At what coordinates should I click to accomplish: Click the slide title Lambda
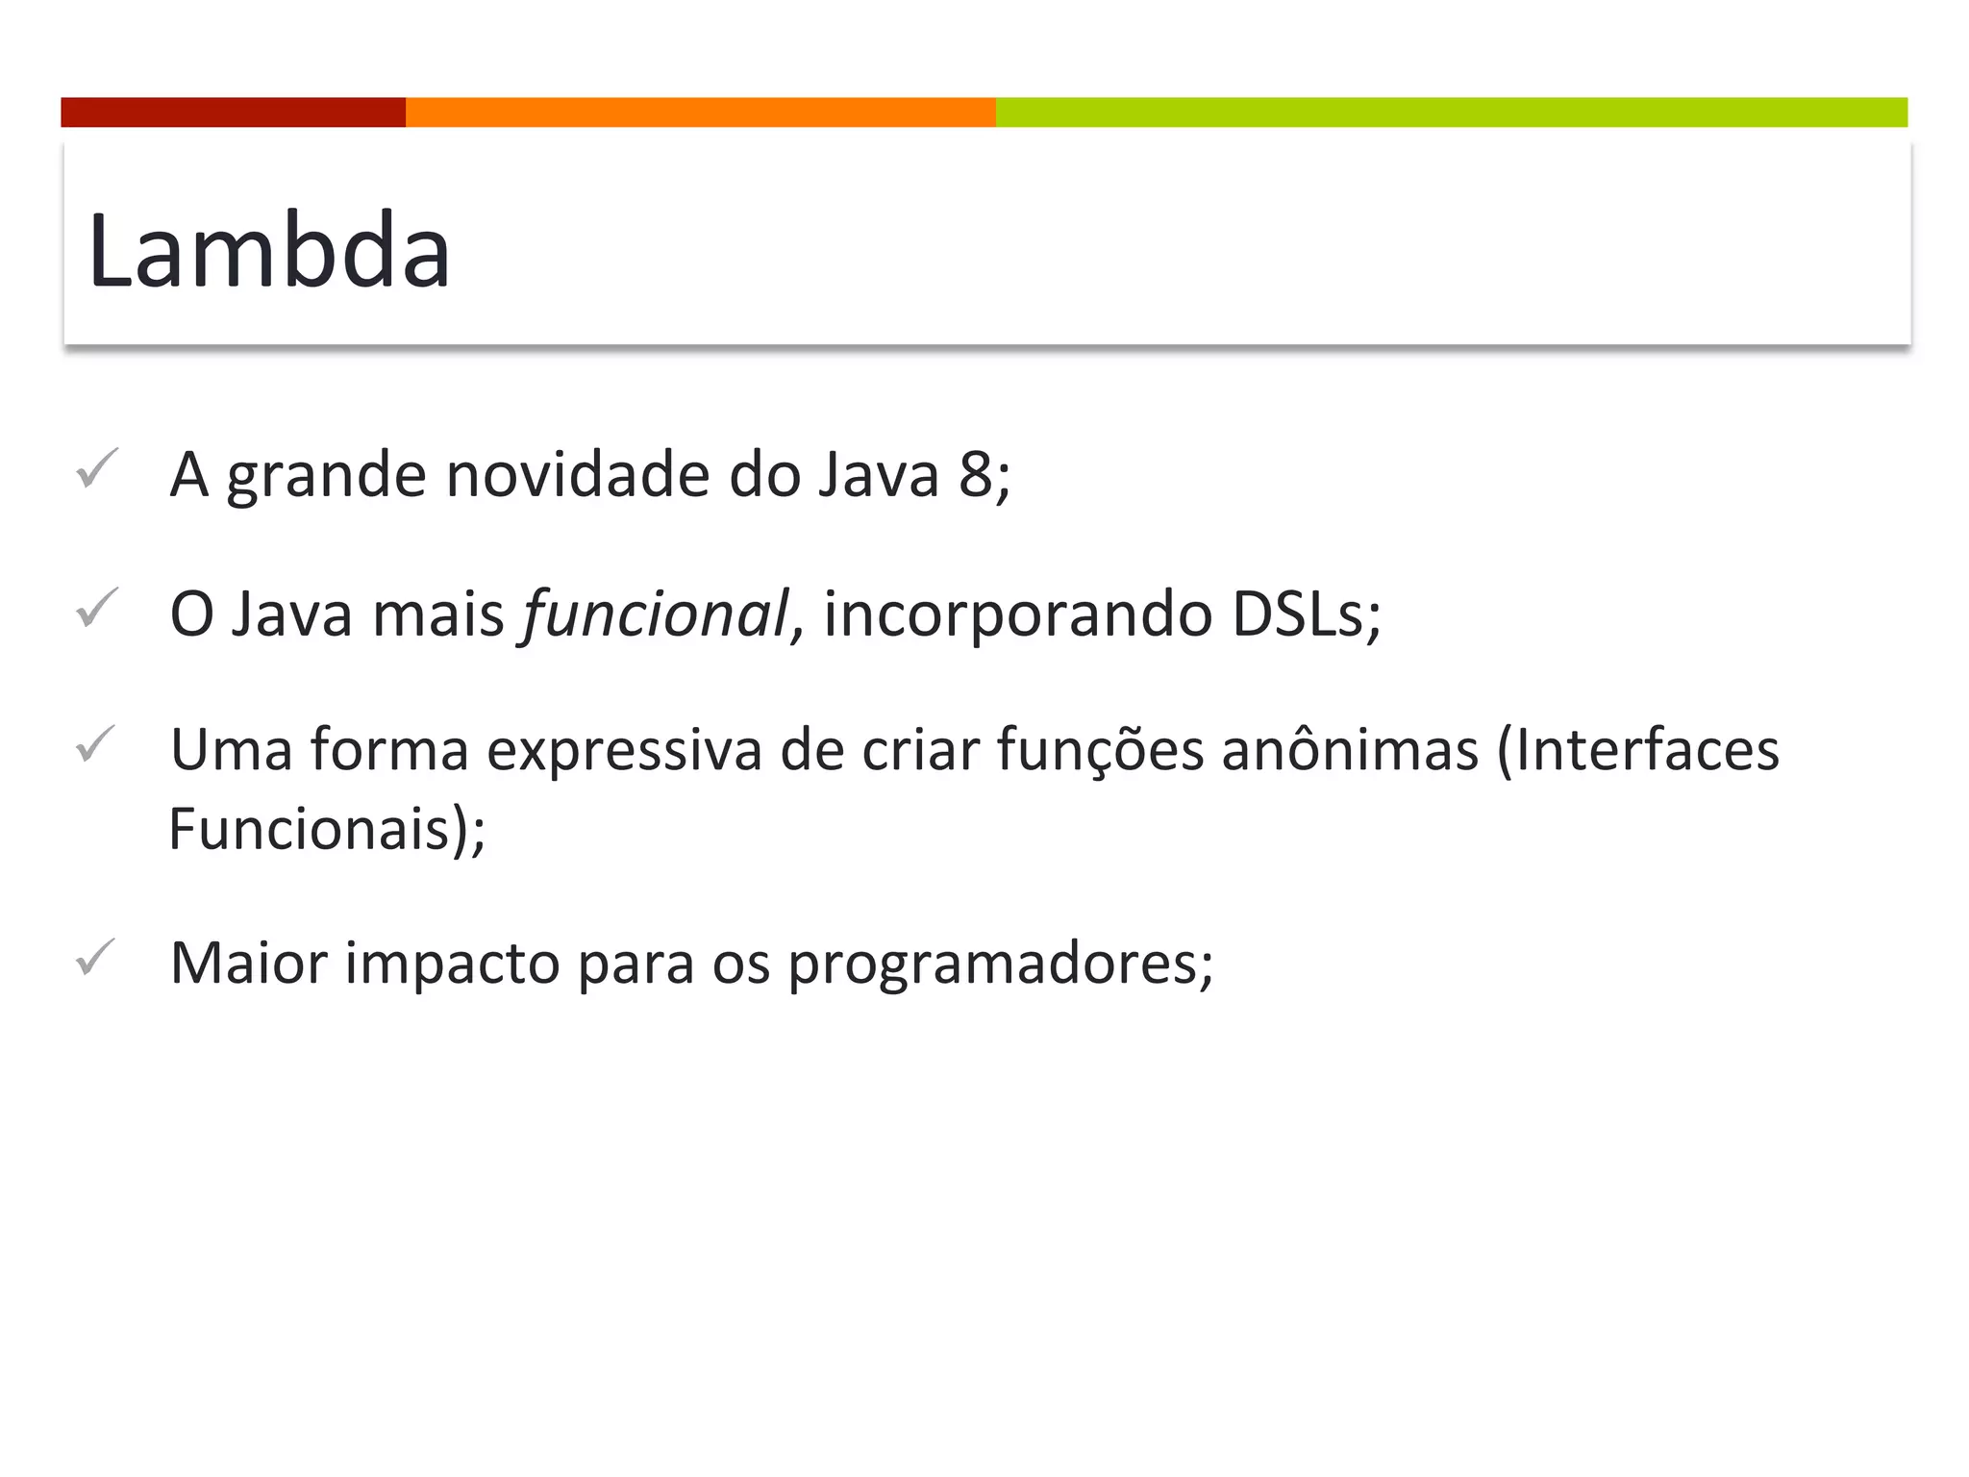pyautogui.click(x=269, y=250)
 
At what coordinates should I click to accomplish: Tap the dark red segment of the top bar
pyautogui.click(x=233, y=112)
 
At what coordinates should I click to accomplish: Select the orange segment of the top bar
pyautogui.click(x=700, y=112)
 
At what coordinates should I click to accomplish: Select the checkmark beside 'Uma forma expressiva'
pyautogui.click(x=96, y=744)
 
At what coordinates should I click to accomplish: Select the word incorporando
pyautogui.click(x=1017, y=615)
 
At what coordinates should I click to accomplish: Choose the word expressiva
pyautogui.click(x=624, y=750)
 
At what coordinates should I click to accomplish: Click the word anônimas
pyautogui.click(x=1350, y=750)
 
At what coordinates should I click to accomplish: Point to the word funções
pyautogui.click(x=1100, y=750)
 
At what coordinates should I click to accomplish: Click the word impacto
pyautogui.click(x=452, y=964)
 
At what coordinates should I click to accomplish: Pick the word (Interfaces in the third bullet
pyautogui.click(x=1638, y=750)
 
